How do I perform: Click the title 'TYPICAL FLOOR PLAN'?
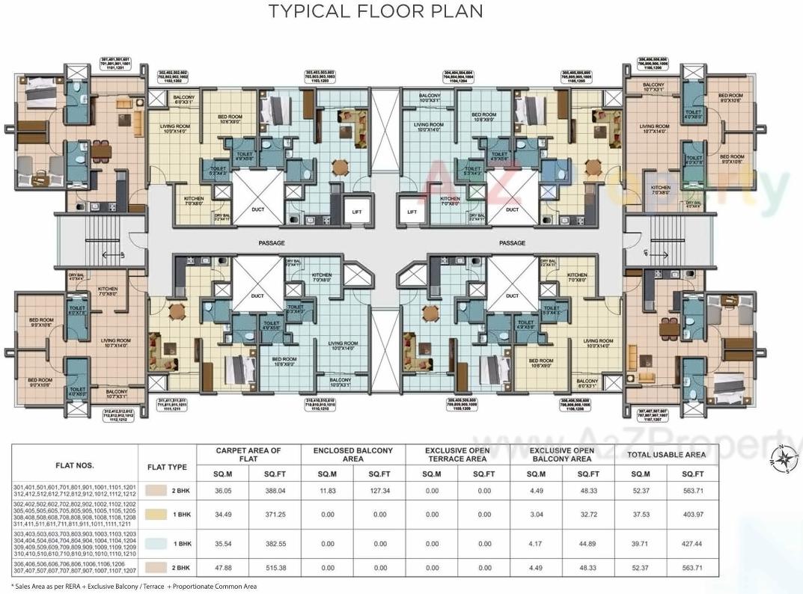click(376, 11)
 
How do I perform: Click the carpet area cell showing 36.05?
click(222, 491)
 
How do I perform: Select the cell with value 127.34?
click(379, 491)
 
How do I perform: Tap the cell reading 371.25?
click(275, 514)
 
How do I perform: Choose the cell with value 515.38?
click(275, 568)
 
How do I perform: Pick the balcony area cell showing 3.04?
click(535, 514)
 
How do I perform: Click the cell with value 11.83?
click(327, 491)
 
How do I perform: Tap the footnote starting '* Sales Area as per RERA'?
click(134, 587)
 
